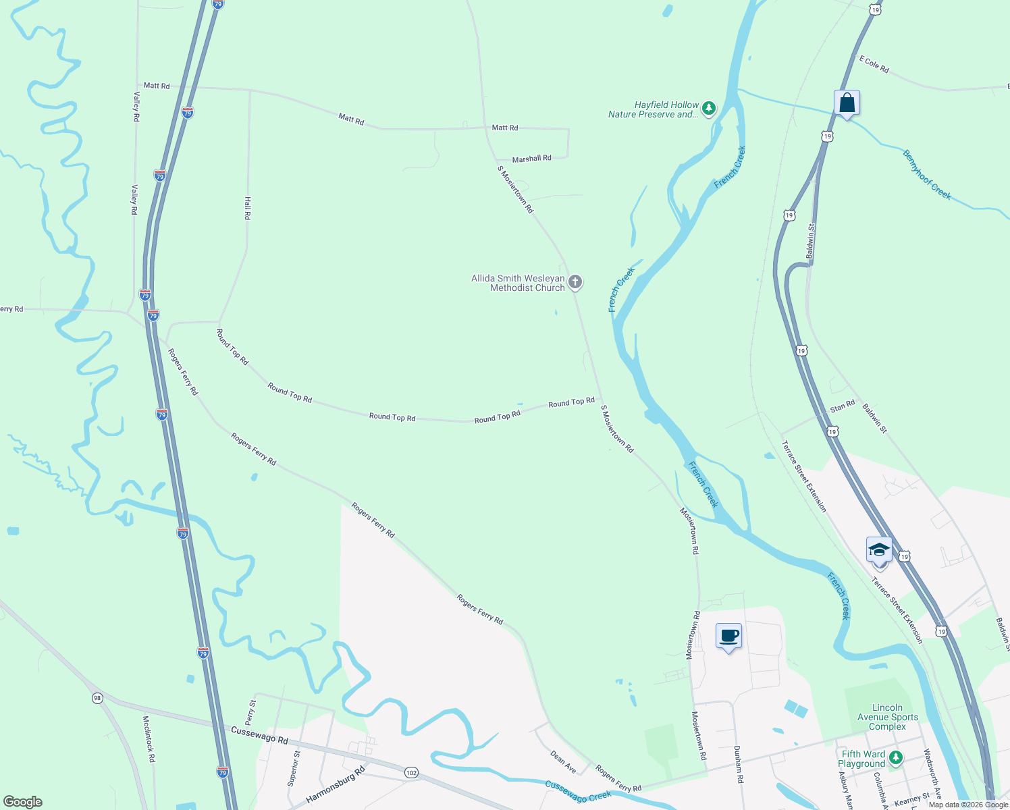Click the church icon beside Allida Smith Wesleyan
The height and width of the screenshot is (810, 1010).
(x=575, y=282)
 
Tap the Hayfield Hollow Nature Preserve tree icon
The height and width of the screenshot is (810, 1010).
(x=708, y=109)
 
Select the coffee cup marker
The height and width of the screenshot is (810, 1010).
(x=728, y=636)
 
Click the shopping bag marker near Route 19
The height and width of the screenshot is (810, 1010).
(x=847, y=103)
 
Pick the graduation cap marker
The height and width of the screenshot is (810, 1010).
(x=879, y=550)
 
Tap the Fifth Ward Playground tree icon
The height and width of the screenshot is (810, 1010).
(x=896, y=758)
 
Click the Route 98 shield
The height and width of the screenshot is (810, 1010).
(x=98, y=698)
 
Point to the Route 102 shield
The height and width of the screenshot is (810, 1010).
(x=410, y=772)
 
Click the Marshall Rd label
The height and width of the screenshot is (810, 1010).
(x=531, y=159)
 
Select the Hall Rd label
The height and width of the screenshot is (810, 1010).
(x=247, y=208)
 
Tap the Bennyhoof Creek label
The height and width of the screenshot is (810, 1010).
(x=927, y=175)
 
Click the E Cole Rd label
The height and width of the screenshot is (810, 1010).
(x=874, y=64)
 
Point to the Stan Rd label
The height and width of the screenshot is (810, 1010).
(x=842, y=406)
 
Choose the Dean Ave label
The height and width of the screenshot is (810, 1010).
(x=563, y=761)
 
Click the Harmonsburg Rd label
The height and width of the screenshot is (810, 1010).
(x=336, y=784)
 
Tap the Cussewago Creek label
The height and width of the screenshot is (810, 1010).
(x=578, y=791)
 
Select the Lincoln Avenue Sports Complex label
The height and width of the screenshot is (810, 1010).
(x=887, y=717)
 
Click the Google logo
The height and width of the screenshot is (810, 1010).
(x=23, y=802)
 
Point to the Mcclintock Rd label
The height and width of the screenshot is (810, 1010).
(x=149, y=739)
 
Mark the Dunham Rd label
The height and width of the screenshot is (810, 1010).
(x=738, y=764)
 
